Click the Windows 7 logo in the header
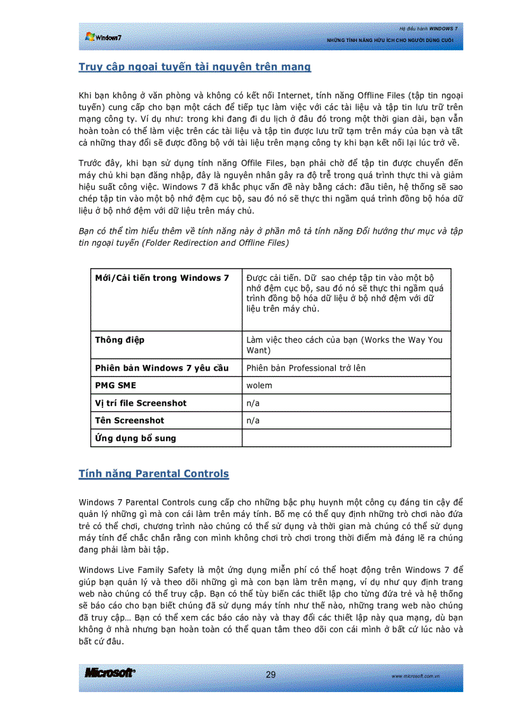pyautogui.click(x=103, y=37)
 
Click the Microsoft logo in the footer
pyautogui.click(x=109, y=673)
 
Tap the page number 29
pyautogui.click(x=271, y=674)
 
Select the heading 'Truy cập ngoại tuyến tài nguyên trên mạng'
pyautogui.click(x=195, y=67)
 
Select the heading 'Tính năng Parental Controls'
pyautogui.click(x=153, y=474)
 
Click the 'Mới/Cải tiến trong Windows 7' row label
pyautogui.click(x=162, y=278)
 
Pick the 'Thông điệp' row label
pyautogui.click(x=120, y=340)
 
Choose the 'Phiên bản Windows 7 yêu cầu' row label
pyautogui.click(x=162, y=368)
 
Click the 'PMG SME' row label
pyautogui.click(x=115, y=385)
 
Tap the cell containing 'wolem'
pyautogui.click(x=259, y=385)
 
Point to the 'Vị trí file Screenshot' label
pyautogui.click(x=141, y=403)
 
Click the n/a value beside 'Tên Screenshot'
pyautogui.click(x=253, y=420)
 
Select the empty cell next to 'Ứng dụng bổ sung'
pyautogui.click(x=347, y=438)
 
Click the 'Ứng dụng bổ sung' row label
pyautogui.click(x=135, y=438)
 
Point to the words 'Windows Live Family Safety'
pyautogui.click(x=134, y=569)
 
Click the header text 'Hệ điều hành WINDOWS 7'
pyautogui.click(x=428, y=29)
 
